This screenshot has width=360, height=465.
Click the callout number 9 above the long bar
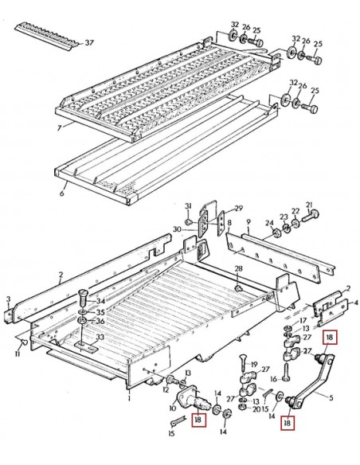point(248,222)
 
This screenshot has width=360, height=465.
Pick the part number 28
point(238,270)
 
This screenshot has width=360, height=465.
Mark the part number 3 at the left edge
point(7,299)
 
